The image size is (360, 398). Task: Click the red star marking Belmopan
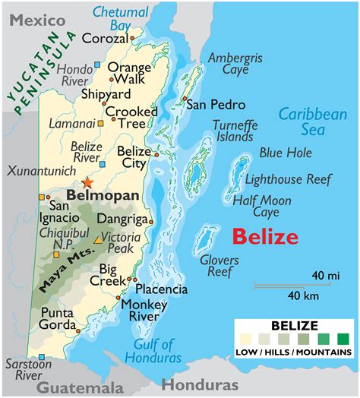pyautogui.click(x=90, y=182)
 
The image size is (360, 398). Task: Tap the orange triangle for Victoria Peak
pyautogui.click(x=97, y=239)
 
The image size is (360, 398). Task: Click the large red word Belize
pyautogui.click(x=265, y=236)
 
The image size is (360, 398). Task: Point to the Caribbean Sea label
pyautogui.click(x=312, y=122)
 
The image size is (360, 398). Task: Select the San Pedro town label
pyautogui.click(x=216, y=104)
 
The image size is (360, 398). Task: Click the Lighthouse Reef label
pyautogui.click(x=287, y=179)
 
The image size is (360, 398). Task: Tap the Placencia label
pyautogui.click(x=161, y=289)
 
